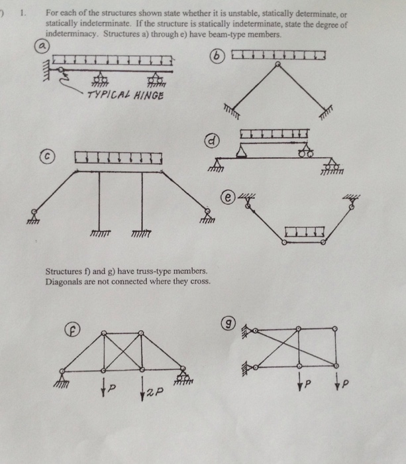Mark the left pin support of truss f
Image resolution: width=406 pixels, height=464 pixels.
pyautogui.click(x=62, y=375)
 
